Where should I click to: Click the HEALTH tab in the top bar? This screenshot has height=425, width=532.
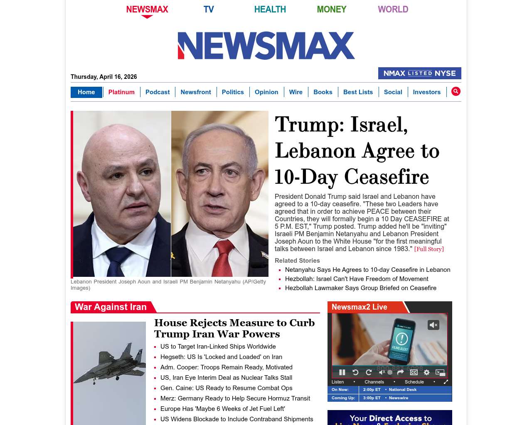[x=270, y=9]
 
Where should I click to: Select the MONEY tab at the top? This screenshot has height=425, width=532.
[x=331, y=9]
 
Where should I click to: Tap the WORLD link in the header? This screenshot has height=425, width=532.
[x=393, y=9]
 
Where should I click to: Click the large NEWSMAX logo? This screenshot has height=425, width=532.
[x=266, y=46]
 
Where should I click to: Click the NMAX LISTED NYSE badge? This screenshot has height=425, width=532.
[x=419, y=73]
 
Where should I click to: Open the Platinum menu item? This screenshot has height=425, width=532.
[x=121, y=92]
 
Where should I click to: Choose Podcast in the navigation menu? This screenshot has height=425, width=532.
[x=158, y=92]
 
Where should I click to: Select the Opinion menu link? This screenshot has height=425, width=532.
[x=266, y=92]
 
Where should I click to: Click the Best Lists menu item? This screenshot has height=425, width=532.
[x=358, y=92]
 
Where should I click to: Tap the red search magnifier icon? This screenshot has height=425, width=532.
[x=456, y=91]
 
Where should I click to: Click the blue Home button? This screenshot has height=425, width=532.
[x=86, y=92]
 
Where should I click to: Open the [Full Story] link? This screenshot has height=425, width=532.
[x=429, y=249]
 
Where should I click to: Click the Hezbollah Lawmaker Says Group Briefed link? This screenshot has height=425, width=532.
[x=360, y=288]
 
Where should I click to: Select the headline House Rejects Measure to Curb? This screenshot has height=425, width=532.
[x=234, y=328]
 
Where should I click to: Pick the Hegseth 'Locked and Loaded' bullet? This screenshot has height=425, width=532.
[x=221, y=357]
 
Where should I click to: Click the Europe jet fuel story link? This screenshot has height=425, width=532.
[x=222, y=409]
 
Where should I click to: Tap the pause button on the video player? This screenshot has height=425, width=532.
[x=342, y=372]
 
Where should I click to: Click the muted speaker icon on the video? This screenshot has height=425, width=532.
[x=433, y=325]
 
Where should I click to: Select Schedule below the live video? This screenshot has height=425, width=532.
[x=414, y=382]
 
